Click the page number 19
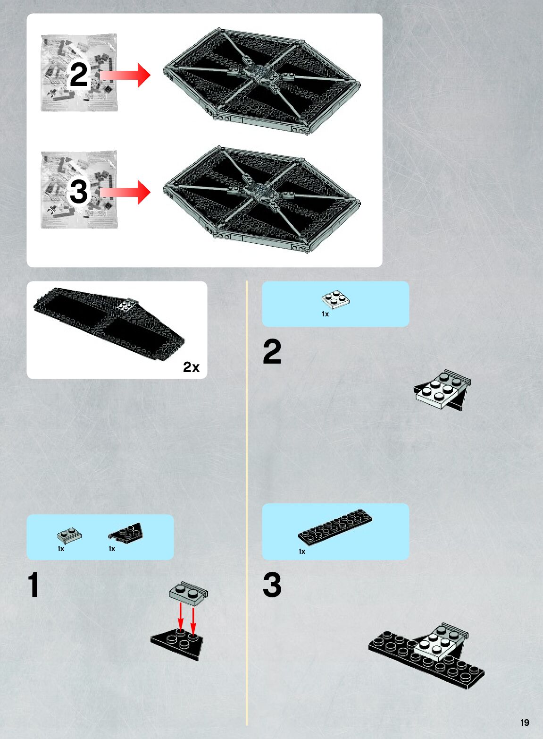pyautogui.click(x=525, y=722)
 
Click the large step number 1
pyautogui.click(x=33, y=586)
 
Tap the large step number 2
pyautogui.click(x=272, y=352)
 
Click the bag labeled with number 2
pyautogui.click(x=79, y=73)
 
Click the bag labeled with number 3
pyautogui.click(x=79, y=190)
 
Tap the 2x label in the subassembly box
pyautogui.click(x=191, y=367)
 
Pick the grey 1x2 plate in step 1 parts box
pyautogui.click(x=69, y=535)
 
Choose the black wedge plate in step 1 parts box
pyautogui.click(x=126, y=532)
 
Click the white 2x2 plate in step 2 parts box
pyautogui.click(x=335, y=298)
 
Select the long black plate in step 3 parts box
pyautogui.click(x=335, y=527)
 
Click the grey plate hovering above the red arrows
pyautogui.click(x=188, y=593)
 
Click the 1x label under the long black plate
pyautogui.click(x=302, y=552)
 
